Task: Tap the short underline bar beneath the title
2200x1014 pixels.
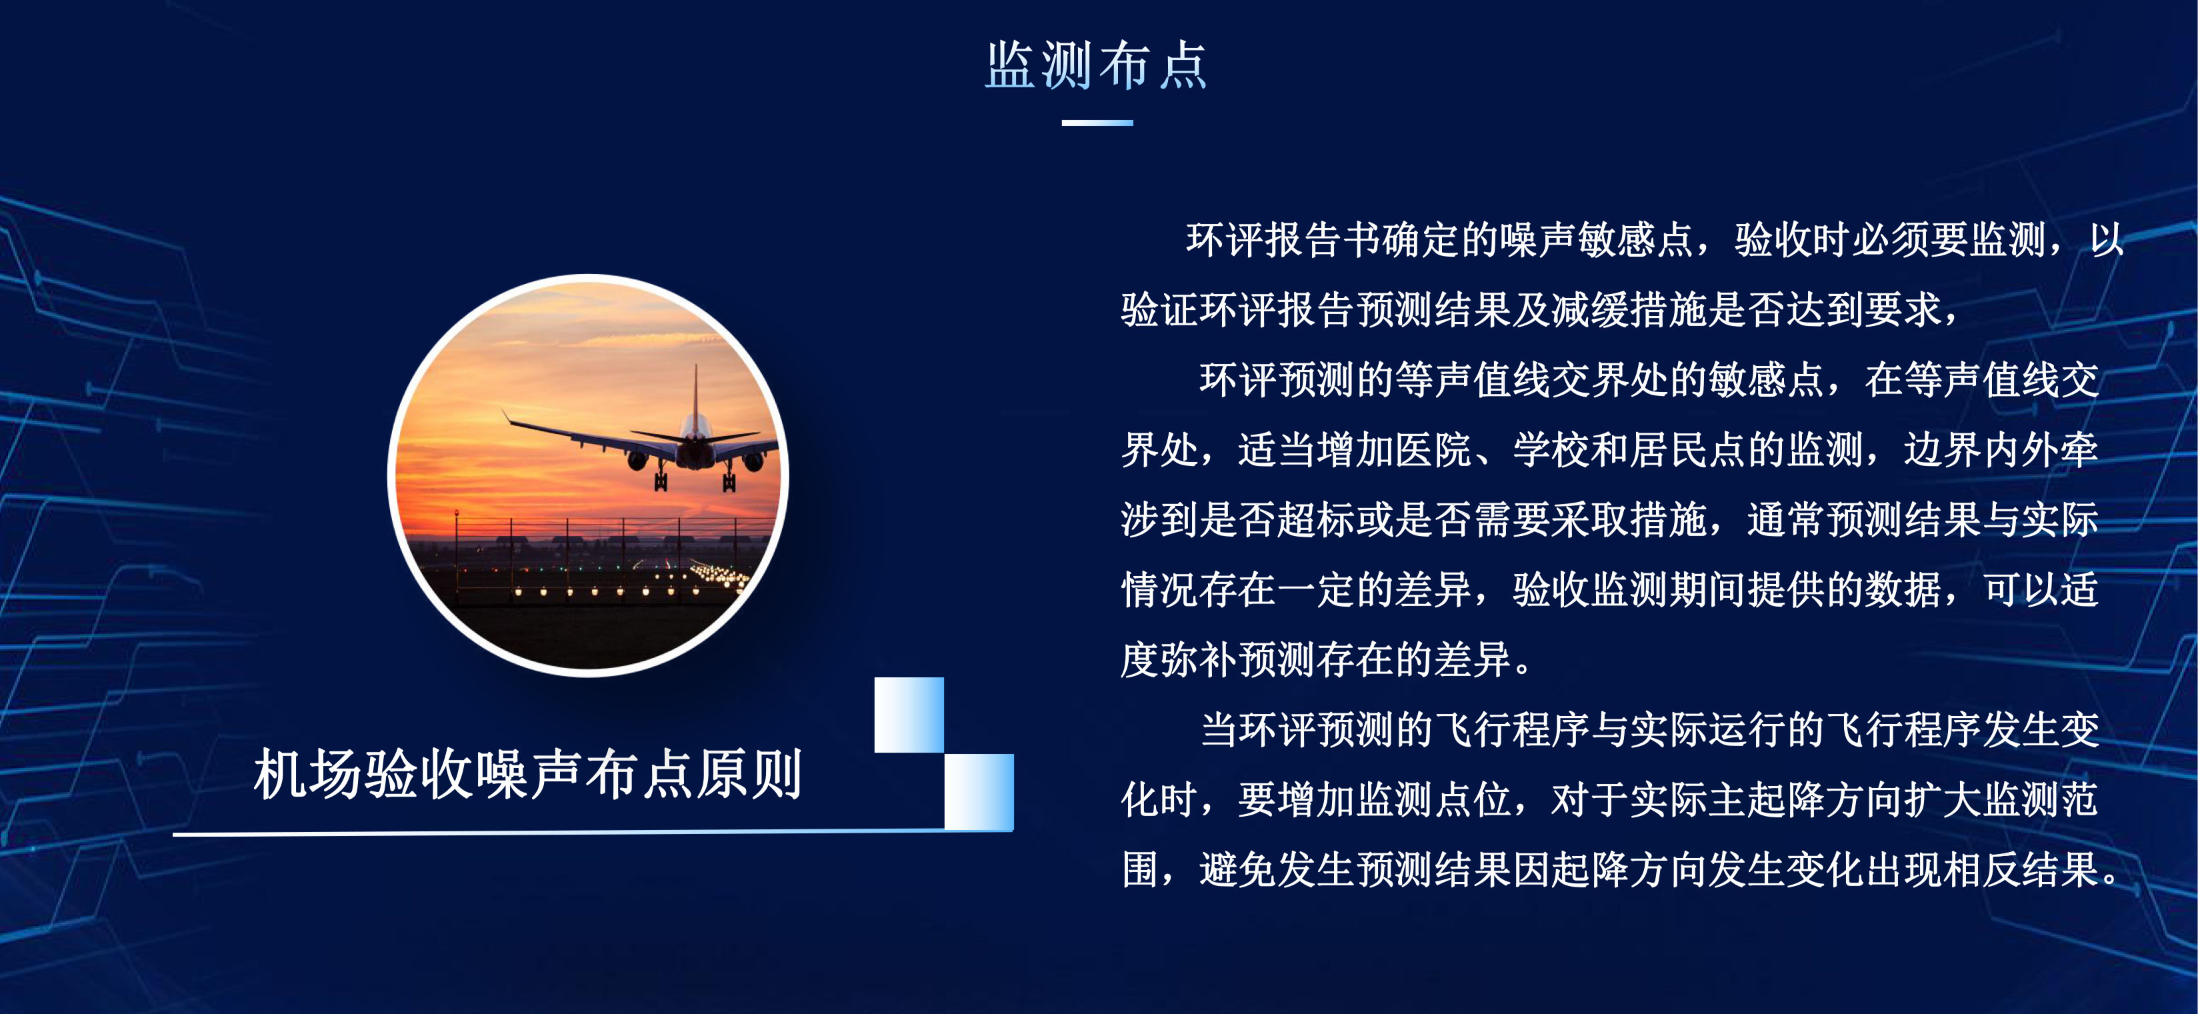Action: coord(1097,123)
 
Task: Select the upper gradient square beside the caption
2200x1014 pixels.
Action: coord(909,715)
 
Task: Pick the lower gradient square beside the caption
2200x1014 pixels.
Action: coord(979,792)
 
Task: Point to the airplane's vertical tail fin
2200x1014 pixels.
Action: coord(695,393)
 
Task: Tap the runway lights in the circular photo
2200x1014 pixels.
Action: coord(632,581)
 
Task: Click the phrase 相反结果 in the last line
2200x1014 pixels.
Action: coord(2021,871)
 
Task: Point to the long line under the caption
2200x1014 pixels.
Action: coord(593,832)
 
